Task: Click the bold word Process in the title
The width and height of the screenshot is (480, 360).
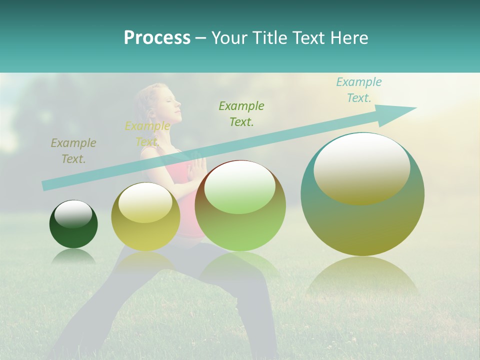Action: pyautogui.click(x=157, y=37)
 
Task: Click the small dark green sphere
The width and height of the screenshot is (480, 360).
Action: pyautogui.click(x=73, y=224)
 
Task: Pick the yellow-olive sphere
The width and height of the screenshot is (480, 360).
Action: pyautogui.click(x=145, y=216)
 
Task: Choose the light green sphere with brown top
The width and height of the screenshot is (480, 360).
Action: pyautogui.click(x=240, y=205)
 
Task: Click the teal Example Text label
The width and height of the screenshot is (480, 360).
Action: pyautogui.click(x=358, y=90)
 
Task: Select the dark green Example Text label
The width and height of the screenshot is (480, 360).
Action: pyautogui.click(x=241, y=113)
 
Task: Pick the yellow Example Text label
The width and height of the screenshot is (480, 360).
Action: pyautogui.click(x=147, y=133)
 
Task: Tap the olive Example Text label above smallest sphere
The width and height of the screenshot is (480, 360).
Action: pyautogui.click(x=73, y=150)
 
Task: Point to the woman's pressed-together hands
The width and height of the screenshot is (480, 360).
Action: pyautogui.click(x=199, y=167)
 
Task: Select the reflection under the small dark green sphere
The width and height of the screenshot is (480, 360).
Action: pyautogui.click(x=73, y=256)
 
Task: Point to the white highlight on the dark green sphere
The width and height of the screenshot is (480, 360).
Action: pyautogui.click(x=73, y=214)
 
